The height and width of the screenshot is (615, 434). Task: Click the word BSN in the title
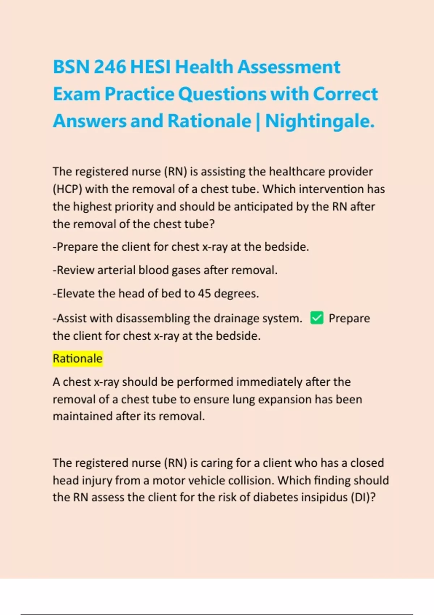click(x=71, y=67)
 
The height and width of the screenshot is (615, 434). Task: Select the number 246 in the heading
click(x=110, y=67)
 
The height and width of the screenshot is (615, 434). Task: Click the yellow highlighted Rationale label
click(x=78, y=359)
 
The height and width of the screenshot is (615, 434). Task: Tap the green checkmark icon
click(x=317, y=318)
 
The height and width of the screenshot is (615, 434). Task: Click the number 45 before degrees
click(x=204, y=293)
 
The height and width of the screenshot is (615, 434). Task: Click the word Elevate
click(x=76, y=293)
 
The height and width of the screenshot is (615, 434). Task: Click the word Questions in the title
click(x=222, y=94)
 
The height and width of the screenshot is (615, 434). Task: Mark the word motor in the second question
click(x=167, y=480)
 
